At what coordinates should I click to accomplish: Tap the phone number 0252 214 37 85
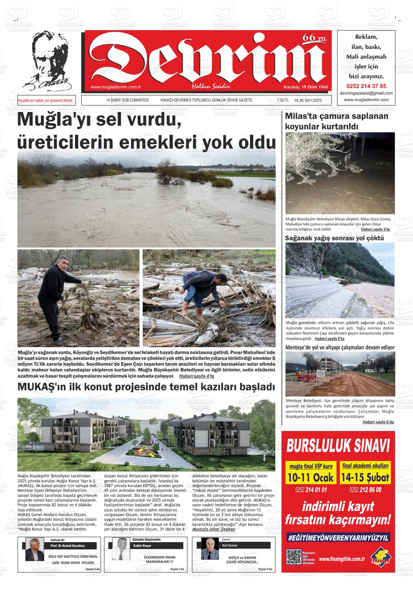366,86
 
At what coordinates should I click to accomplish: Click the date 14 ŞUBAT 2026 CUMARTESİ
125,100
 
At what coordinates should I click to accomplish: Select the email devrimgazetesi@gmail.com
366,93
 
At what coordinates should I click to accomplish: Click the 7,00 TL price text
283,100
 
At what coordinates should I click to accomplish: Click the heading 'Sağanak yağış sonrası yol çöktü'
334,238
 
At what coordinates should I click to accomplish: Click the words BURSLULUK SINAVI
338,446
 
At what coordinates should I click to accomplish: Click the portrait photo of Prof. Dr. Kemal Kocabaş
34,549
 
